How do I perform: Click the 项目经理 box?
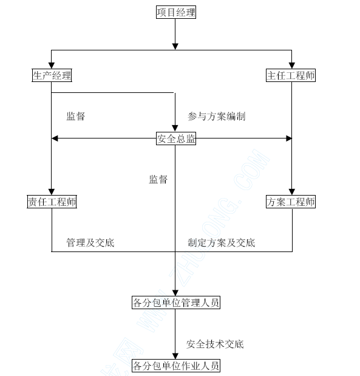176,12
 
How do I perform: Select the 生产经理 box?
52,75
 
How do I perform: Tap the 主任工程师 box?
291,75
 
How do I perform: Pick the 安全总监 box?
176,138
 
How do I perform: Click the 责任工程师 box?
52,202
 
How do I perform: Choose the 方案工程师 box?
291,202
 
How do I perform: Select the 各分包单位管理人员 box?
176,303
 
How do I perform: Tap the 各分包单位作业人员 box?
176,366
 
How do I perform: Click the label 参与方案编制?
217,116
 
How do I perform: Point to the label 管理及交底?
90,243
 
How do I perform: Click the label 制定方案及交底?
221,243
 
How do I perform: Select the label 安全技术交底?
215,344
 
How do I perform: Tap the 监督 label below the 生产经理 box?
75,116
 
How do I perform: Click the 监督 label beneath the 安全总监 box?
158,179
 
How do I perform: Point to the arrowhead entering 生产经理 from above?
51,66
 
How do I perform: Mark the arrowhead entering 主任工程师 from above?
291,66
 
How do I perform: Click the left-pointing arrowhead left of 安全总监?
55,138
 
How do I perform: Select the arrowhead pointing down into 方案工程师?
291,192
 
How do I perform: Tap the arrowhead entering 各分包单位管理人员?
175,293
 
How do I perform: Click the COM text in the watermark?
252,169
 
